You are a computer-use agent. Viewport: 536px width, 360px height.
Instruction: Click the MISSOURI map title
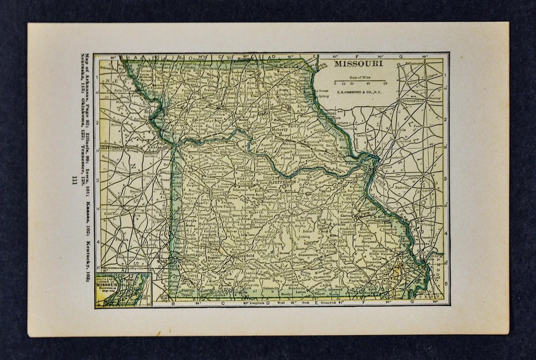point(358,64)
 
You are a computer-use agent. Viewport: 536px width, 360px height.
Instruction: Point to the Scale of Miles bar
point(360,81)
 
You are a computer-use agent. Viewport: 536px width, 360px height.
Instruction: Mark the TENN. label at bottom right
point(430,299)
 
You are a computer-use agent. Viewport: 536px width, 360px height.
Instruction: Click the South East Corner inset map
point(123,289)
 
